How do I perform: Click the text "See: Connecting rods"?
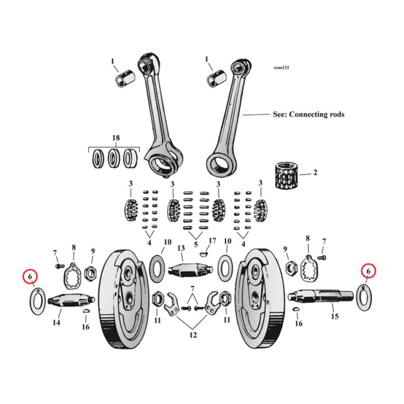click(308, 115)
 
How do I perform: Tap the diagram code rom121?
click(282, 67)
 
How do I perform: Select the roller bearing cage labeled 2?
click(286, 175)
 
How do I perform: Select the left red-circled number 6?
click(31, 277)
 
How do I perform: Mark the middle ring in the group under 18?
click(114, 159)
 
